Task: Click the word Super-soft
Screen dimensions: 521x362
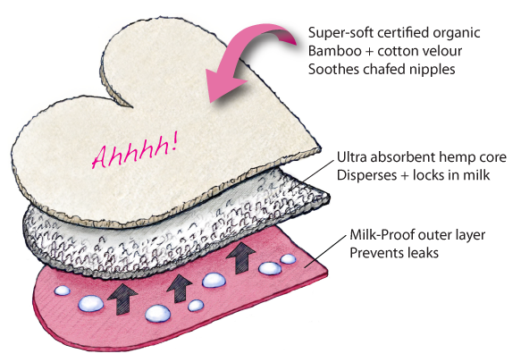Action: [x=340, y=34]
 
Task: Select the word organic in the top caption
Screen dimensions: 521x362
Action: [x=457, y=34]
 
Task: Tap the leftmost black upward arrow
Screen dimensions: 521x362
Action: [x=122, y=299]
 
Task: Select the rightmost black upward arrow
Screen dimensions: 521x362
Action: [x=241, y=258]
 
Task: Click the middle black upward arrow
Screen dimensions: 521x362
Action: [x=180, y=288]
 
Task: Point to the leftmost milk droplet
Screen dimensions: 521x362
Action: [x=63, y=290]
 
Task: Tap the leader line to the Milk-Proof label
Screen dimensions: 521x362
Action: [x=325, y=251]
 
